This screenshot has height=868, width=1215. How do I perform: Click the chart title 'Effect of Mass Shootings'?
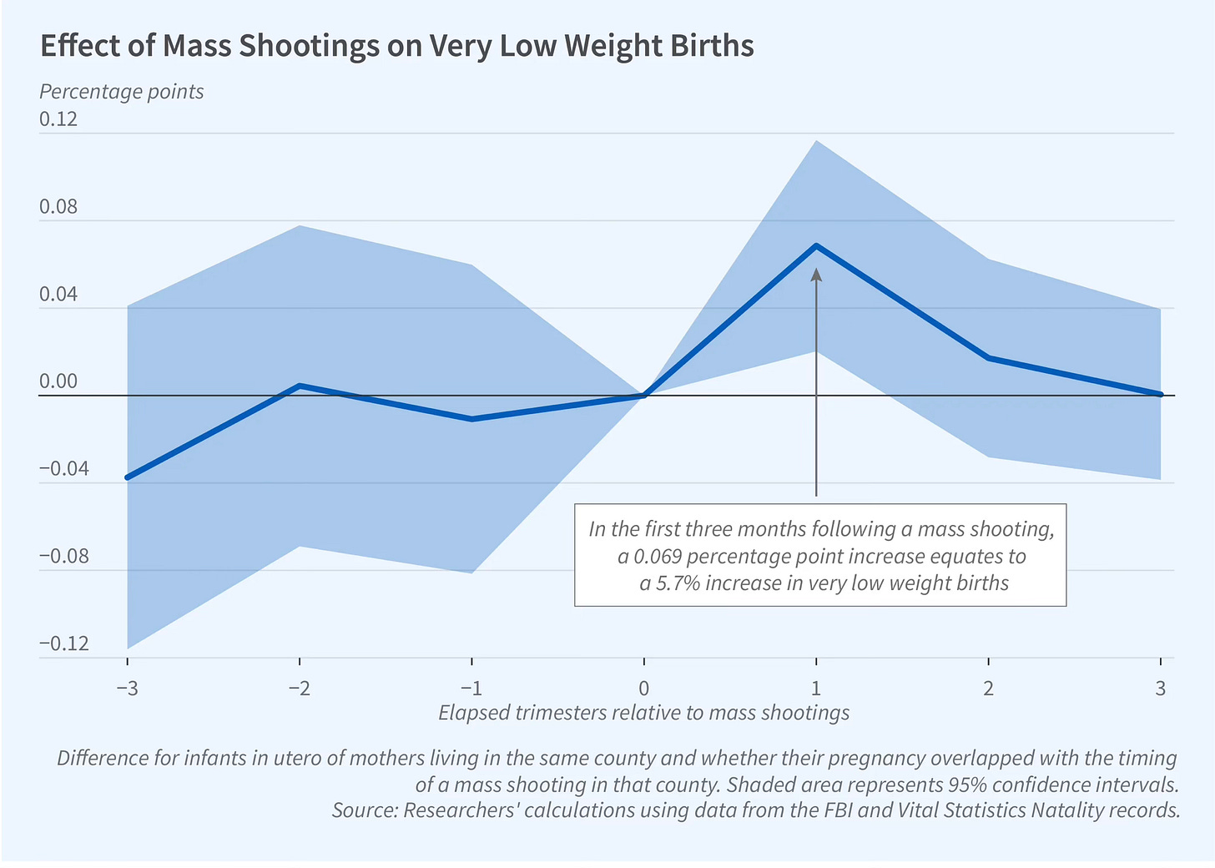396,46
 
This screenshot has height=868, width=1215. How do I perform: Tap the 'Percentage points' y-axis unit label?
122,92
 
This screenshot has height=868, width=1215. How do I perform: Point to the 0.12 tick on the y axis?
58,119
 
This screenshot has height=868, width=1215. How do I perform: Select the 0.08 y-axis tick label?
58,207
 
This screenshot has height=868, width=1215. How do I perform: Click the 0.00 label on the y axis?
58,382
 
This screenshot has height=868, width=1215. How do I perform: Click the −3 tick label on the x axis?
127,689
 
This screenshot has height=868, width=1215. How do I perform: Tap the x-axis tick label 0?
644,689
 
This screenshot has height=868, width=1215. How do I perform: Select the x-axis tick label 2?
989,689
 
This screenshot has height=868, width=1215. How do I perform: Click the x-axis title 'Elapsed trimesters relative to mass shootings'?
643,713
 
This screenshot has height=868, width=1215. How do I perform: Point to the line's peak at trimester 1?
816,245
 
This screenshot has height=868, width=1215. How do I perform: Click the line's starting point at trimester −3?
128,477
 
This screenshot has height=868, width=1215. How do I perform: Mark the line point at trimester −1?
472,419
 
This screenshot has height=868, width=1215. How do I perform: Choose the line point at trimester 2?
989,358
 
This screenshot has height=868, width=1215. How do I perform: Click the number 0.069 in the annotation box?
658,556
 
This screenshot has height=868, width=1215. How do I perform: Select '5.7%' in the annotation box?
677,583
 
